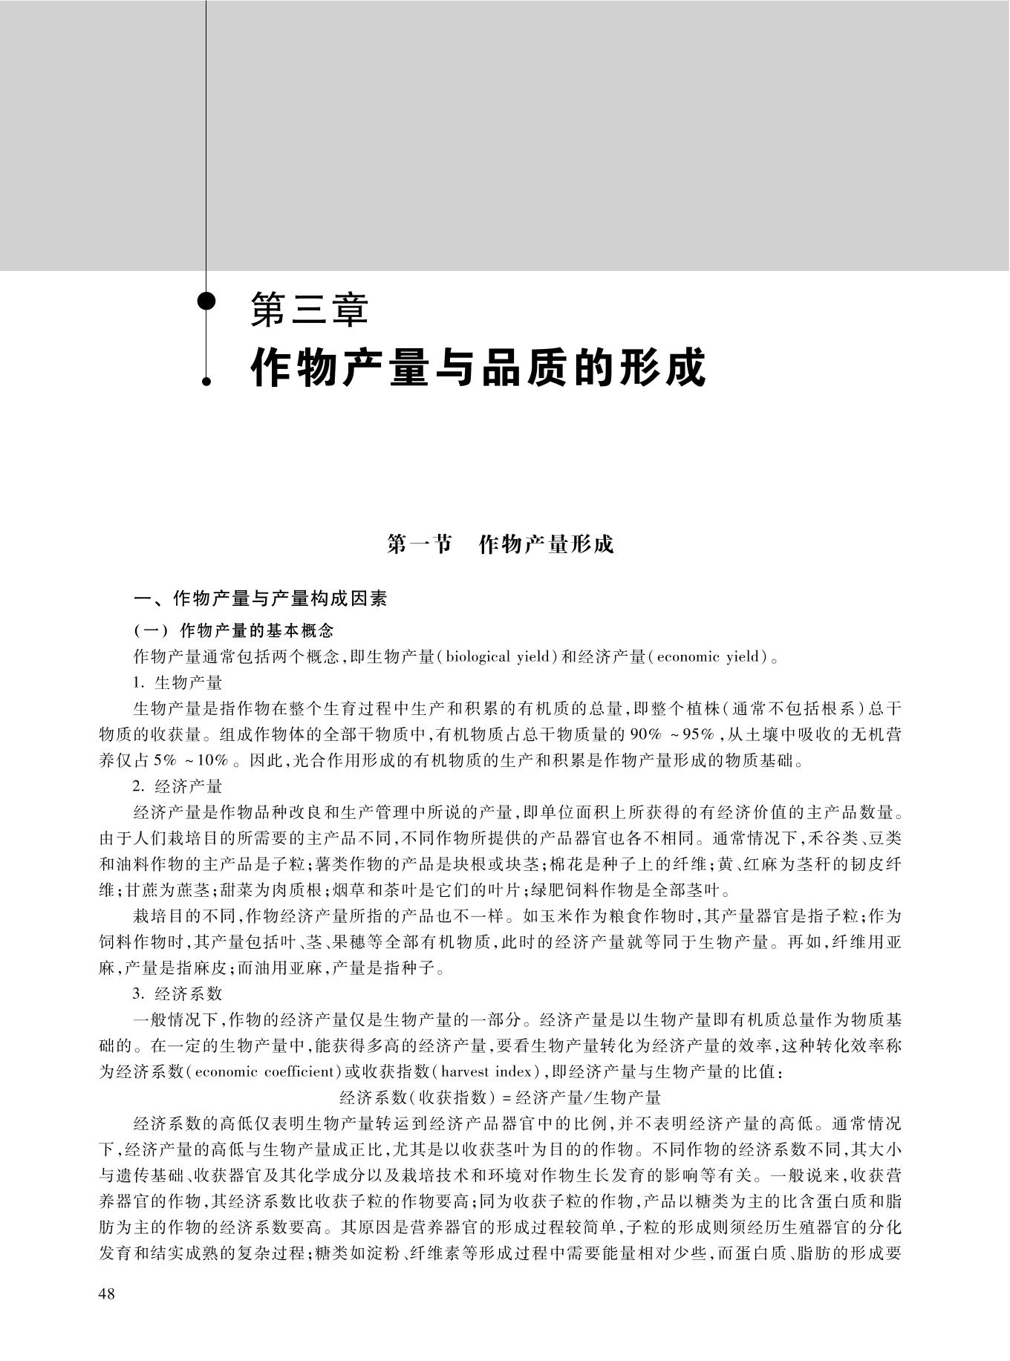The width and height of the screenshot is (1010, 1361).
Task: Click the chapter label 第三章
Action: point(309,310)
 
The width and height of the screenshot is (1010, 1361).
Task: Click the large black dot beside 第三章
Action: point(207,301)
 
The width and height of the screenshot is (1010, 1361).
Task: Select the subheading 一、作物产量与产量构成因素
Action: point(260,598)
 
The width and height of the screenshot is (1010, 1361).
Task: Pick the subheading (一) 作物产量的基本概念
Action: point(234,631)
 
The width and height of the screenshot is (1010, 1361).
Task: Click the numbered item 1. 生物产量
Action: point(178,682)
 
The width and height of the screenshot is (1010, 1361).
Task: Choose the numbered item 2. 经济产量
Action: point(178,786)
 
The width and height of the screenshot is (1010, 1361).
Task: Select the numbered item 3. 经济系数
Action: point(178,993)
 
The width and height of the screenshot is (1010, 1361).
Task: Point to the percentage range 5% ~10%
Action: point(197,760)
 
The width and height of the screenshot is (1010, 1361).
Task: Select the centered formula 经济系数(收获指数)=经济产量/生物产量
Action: point(500,1097)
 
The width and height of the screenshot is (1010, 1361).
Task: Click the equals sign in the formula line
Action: point(507,1097)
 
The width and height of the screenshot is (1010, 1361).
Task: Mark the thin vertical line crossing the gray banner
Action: point(206,134)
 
